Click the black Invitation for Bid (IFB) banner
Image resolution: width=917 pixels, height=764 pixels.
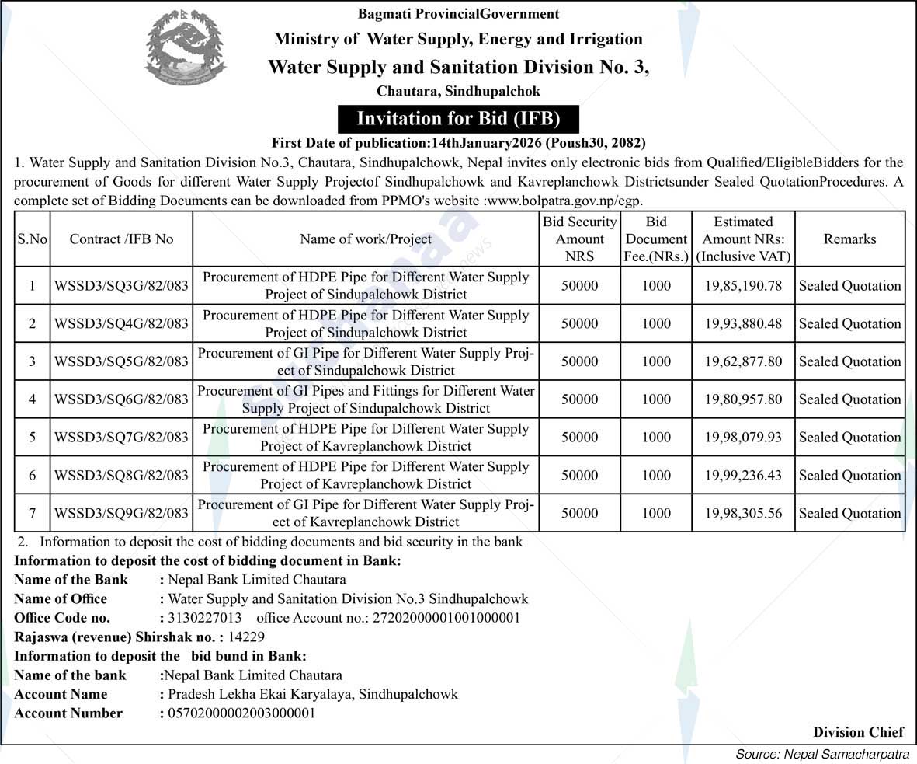(x=458, y=119)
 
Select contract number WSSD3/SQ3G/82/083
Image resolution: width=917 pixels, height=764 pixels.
(x=121, y=286)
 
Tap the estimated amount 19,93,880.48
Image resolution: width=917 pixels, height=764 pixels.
(x=743, y=323)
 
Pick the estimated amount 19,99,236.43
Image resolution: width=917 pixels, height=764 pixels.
(x=743, y=475)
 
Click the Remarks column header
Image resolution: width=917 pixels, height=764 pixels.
(x=849, y=239)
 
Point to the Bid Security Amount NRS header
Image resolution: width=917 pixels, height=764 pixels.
(x=579, y=239)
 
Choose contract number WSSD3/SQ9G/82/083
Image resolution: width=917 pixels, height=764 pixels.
(x=121, y=513)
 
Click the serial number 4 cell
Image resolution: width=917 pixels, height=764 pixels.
(x=33, y=399)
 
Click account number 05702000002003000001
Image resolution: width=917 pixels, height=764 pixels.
(x=241, y=713)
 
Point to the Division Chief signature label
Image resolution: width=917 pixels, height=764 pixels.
(x=858, y=732)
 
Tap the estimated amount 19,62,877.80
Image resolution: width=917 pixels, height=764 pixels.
(x=743, y=361)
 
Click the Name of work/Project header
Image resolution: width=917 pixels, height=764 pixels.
(x=366, y=239)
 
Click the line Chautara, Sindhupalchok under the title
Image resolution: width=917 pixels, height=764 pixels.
(x=458, y=91)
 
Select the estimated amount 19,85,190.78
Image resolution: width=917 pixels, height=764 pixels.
(x=743, y=286)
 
